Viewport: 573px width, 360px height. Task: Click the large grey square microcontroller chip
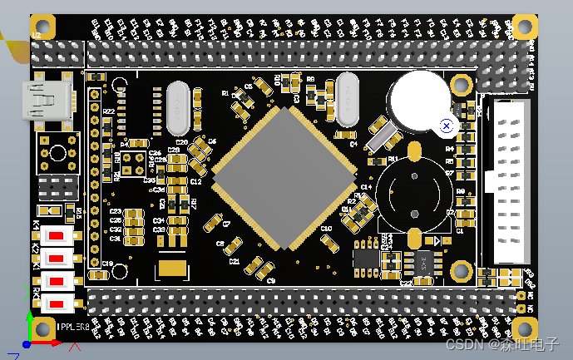point(284,177)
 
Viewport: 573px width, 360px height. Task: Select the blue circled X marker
point(447,126)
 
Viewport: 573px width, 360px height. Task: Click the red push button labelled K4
point(57,235)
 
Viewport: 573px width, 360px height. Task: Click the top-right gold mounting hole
point(524,27)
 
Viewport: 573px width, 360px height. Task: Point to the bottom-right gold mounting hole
point(524,328)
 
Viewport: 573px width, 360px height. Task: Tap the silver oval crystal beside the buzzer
point(348,100)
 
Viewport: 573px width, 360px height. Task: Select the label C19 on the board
point(106,264)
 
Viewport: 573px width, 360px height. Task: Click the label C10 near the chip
point(326,227)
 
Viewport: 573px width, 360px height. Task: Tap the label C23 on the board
point(116,212)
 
